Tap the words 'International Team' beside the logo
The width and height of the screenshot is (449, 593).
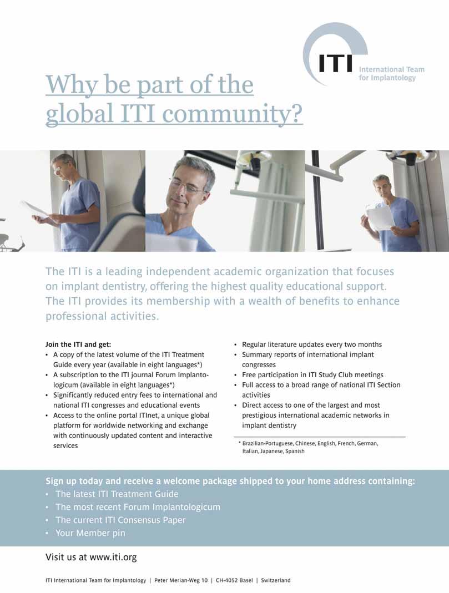(391, 69)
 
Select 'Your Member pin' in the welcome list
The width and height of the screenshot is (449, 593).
(90, 533)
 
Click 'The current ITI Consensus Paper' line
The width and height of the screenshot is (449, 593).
(120, 520)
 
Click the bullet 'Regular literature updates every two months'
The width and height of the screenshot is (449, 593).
(311, 344)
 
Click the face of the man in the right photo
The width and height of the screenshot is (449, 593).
(382, 187)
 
